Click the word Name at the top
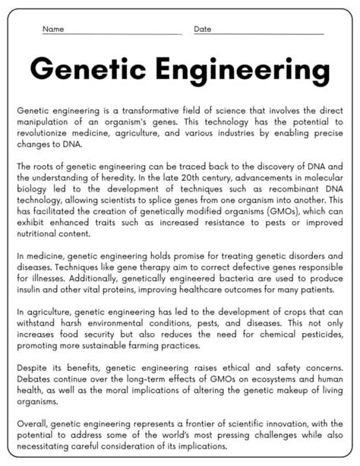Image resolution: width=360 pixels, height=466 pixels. point(52,29)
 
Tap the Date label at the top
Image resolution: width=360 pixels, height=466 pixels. point(203,29)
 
